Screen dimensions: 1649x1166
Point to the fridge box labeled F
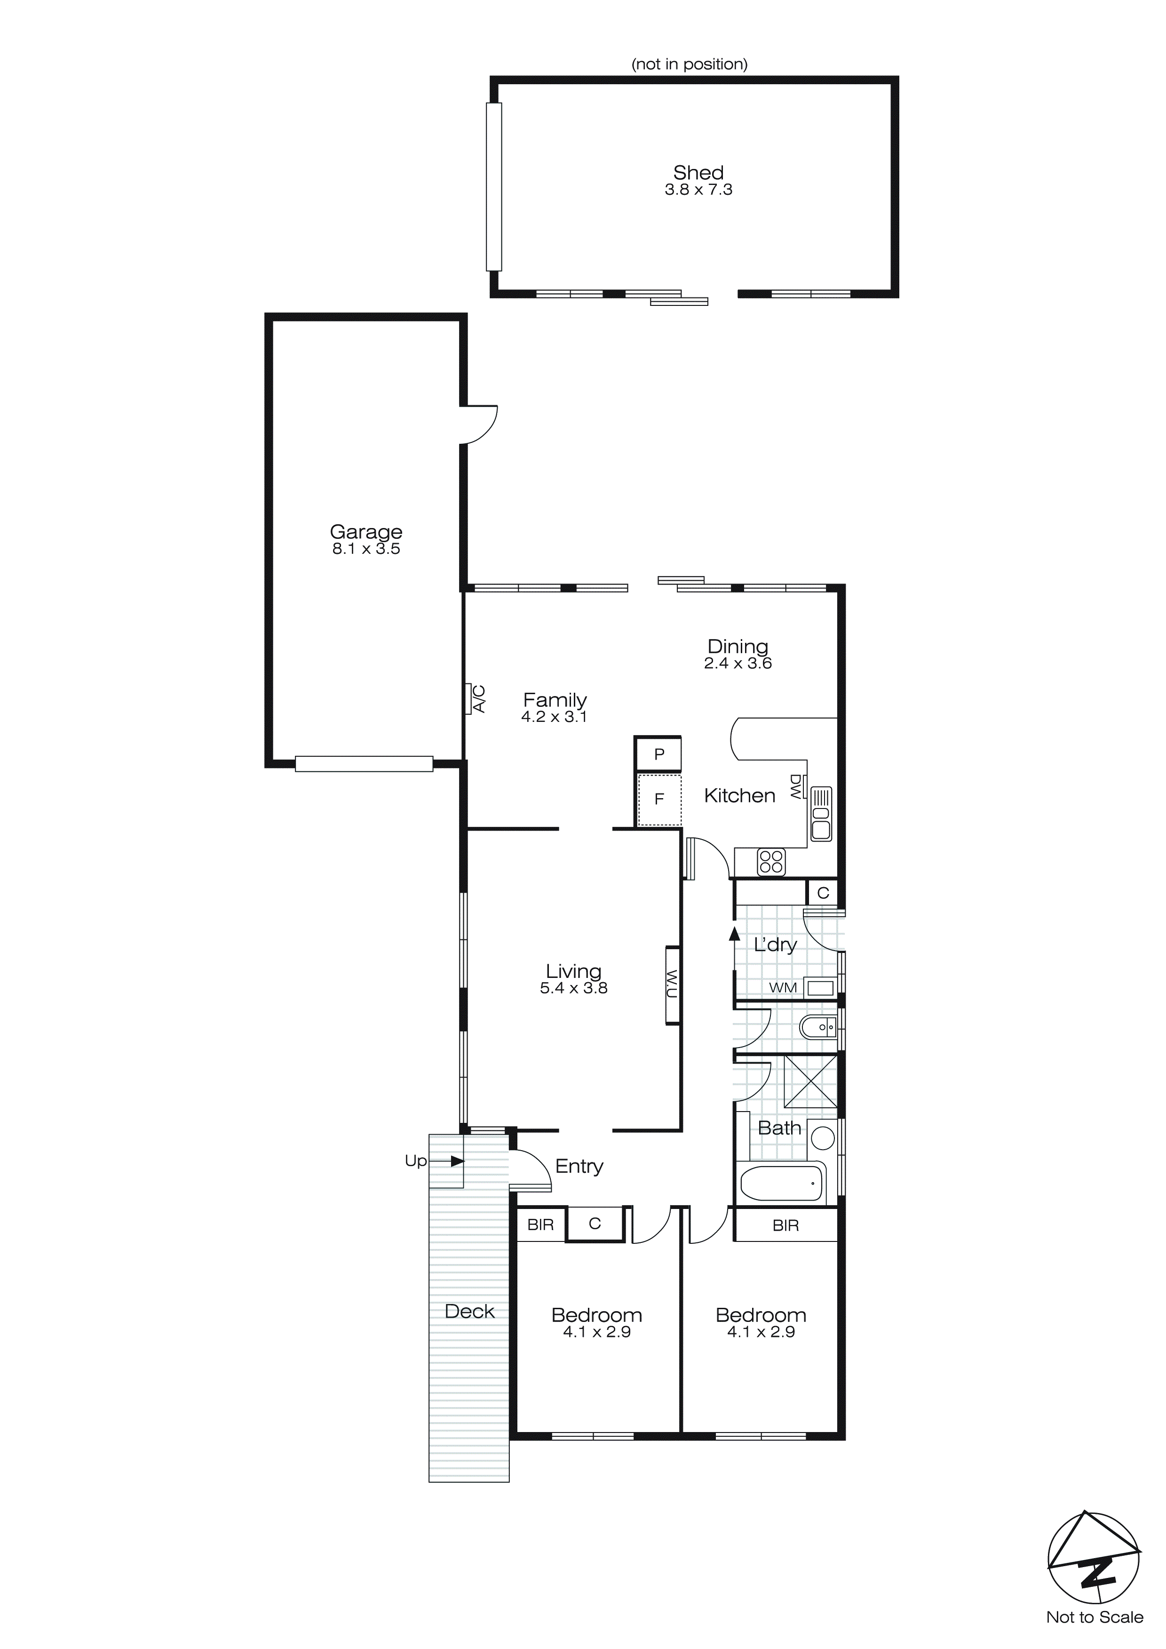pyautogui.click(x=659, y=799)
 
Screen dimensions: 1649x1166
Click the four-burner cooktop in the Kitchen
pyautogui.click(x=771, y=862)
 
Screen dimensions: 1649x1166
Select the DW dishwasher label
pyautogui.click(x=795, y=787)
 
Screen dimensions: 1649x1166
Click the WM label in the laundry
pyautogui.click(x=783, y=987)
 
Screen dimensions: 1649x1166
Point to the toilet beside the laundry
pyautogui.click(x=818, y=1028)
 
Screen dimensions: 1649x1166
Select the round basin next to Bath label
pyautogui.click(x=823, y=1137)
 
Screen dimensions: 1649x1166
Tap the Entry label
pyautogui.click(x=579, y=1166)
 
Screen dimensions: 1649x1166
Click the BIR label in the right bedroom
pyautogui.click(x=785, y=1225)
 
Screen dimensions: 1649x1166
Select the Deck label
pyautogui.click(x=469, y=1312)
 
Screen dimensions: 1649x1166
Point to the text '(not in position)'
pyautogui.click(x=689, y=64)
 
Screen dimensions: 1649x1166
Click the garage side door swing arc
pyautogui.click(x=483, y=425)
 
